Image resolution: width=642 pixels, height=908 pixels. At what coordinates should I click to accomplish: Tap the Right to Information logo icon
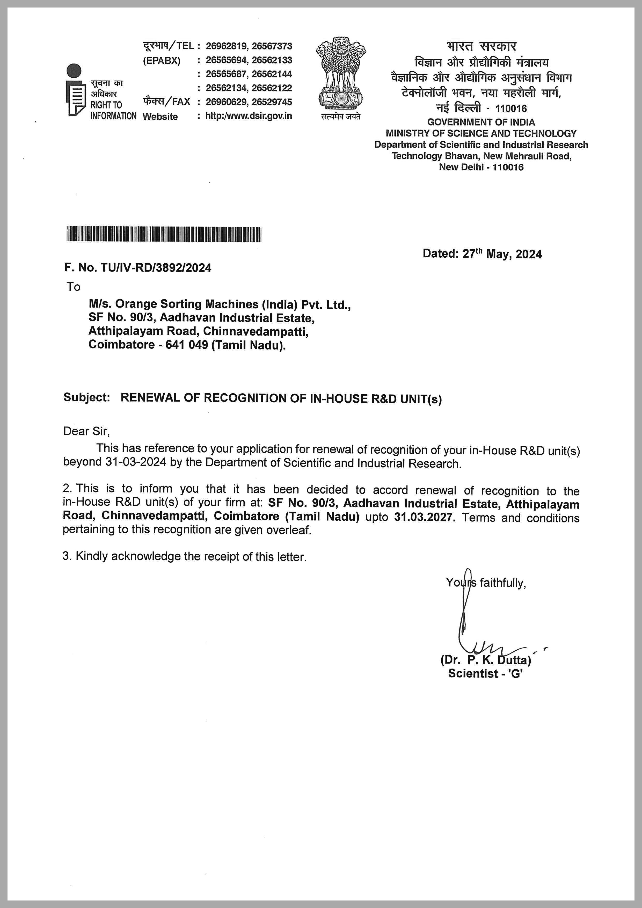tap(75, 90)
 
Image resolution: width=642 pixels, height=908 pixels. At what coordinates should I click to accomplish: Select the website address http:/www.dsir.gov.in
tap(249, 116)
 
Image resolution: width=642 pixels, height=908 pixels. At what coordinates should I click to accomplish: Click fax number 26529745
tap(272, 102)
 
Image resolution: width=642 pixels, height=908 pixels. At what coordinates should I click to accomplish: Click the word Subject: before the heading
tap(86, 397)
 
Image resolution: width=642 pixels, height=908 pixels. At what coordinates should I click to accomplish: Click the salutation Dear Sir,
tap(86, 431)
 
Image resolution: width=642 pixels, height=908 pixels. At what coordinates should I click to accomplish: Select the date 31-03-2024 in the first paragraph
tap(136, 462)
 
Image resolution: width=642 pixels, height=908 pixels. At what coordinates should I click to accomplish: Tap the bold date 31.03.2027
tap(425, 518)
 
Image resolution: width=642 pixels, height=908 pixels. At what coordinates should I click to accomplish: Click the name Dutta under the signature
tap(514, 660)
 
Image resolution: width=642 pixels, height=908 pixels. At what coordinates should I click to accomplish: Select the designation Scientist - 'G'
tap(485, 673)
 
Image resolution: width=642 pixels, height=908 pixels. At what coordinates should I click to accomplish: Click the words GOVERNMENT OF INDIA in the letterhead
tap(481, 122)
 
